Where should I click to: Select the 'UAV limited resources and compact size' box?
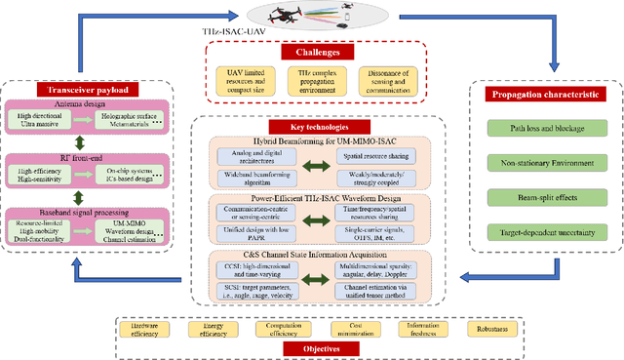coord(246,79)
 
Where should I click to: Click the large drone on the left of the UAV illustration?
coord(286,13)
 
